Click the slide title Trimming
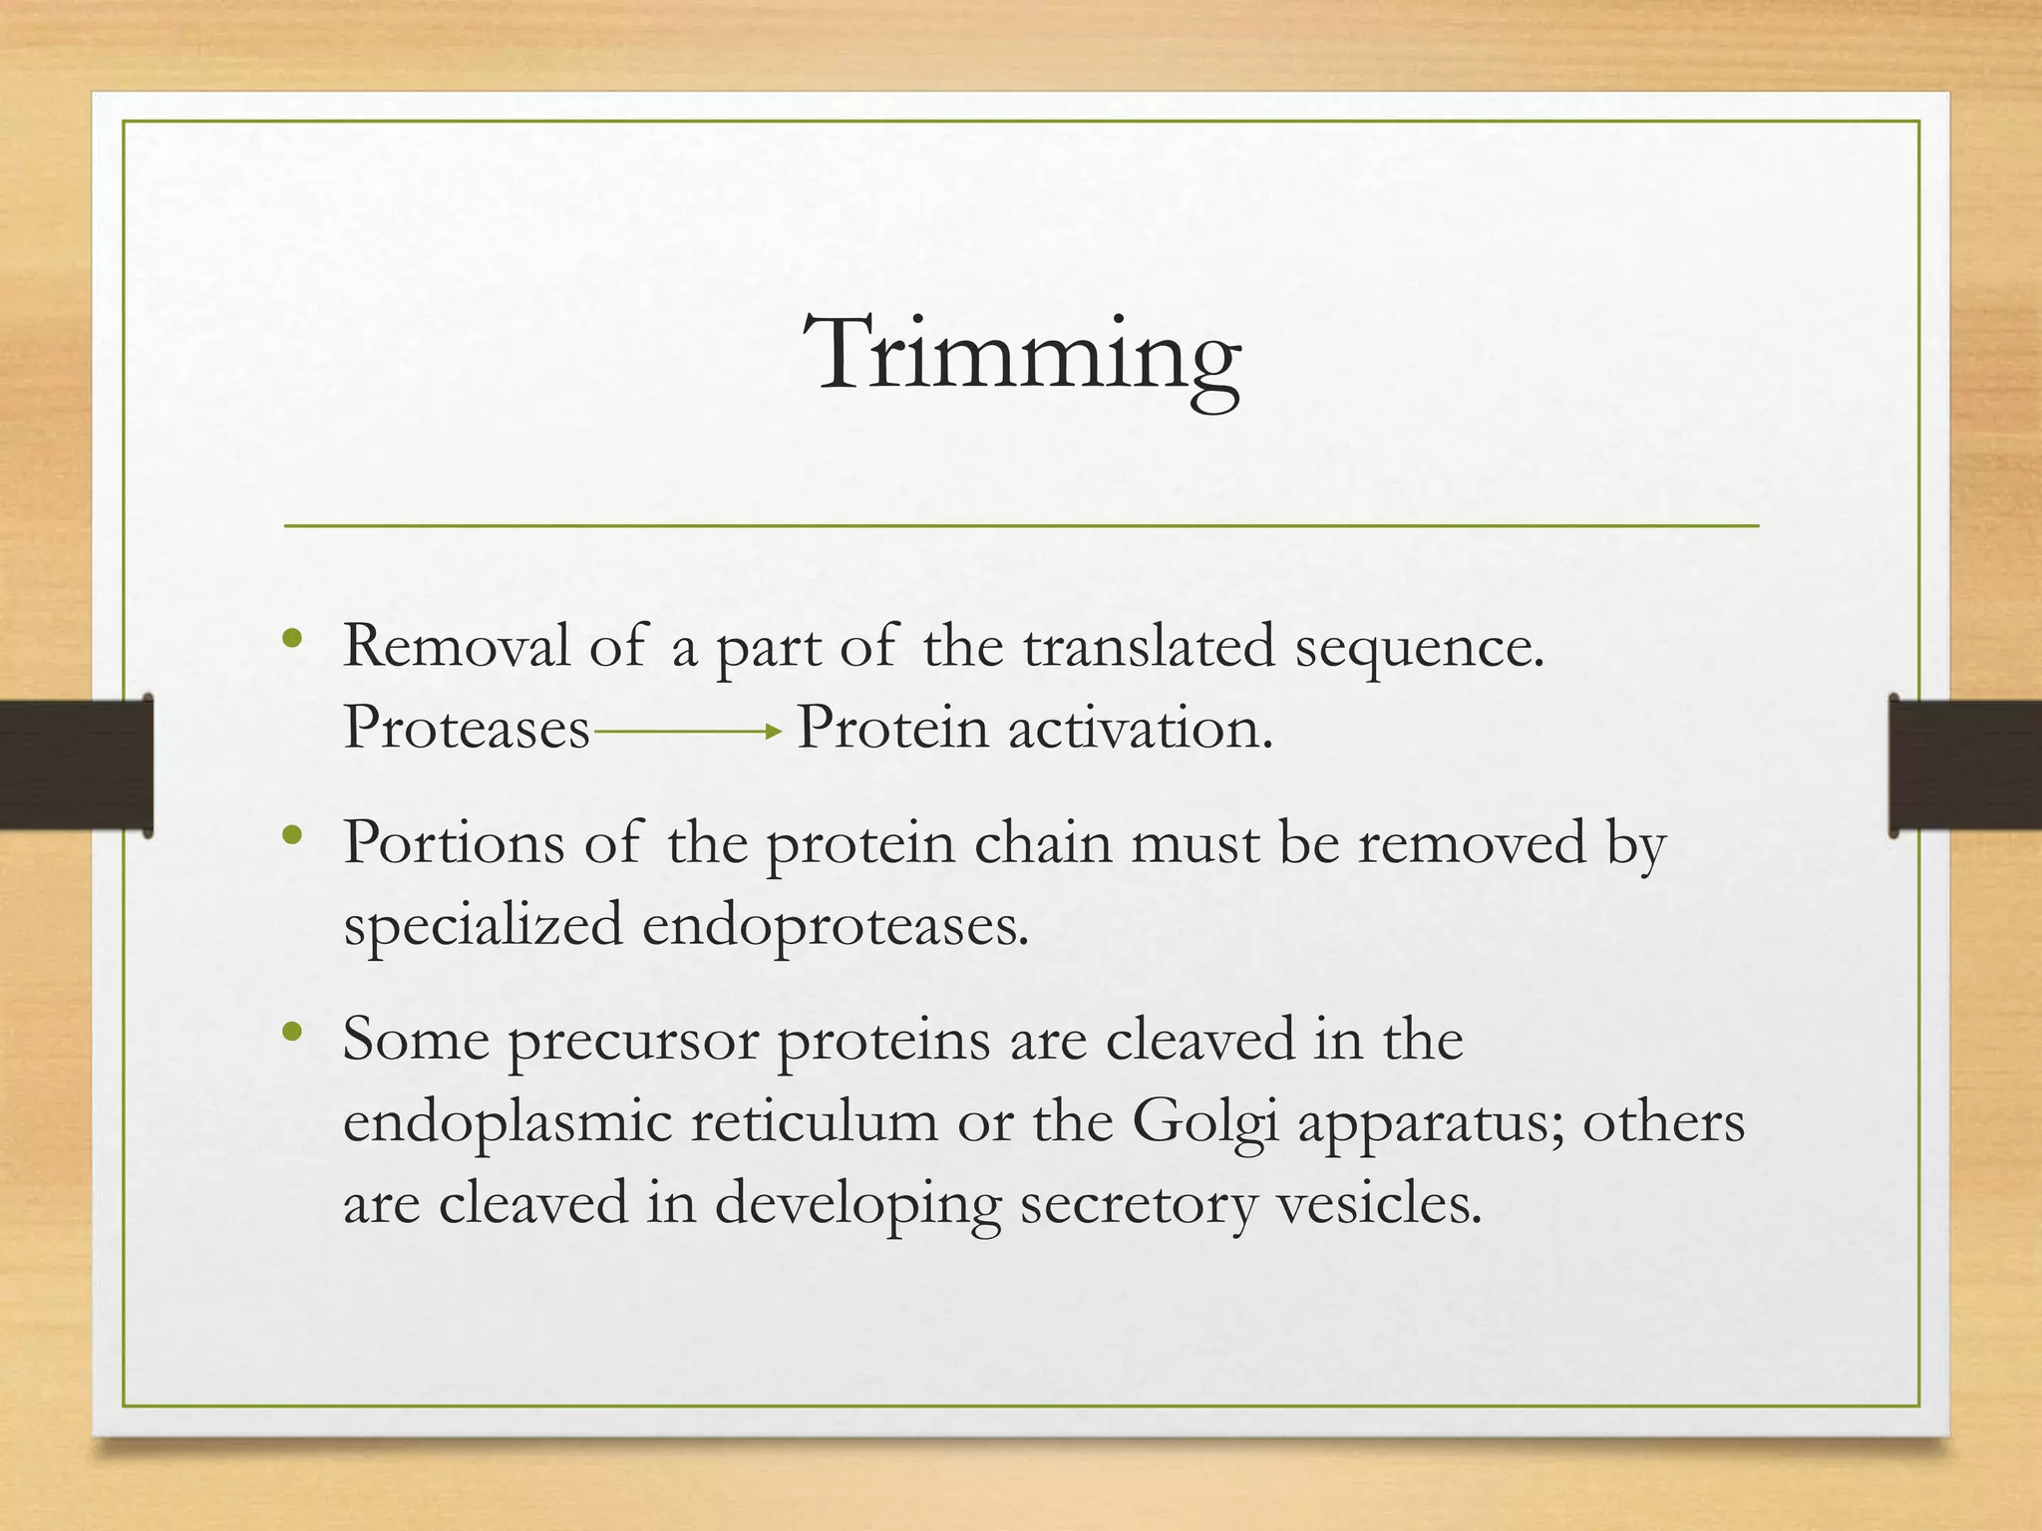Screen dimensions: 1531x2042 point(1023,355)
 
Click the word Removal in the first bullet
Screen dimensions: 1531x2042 point(457,646)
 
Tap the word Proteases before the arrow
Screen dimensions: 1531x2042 point(466,729)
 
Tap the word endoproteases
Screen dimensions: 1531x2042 point(835,925)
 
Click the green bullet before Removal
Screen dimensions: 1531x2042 point(291,639)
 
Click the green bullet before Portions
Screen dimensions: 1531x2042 point(291,835)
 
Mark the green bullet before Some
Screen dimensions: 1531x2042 point(291,1032)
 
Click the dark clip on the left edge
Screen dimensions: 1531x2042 point(76,765)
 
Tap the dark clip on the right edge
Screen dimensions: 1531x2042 point(1964,765)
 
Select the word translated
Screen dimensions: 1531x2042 point(1149,646)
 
